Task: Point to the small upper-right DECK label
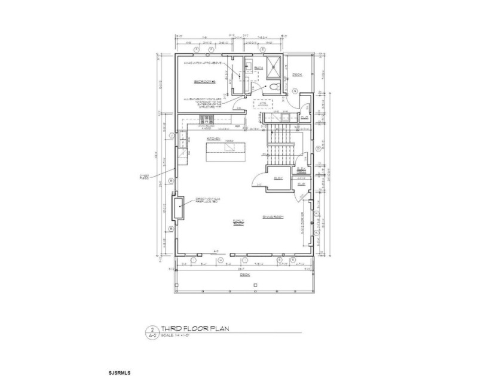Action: pyautogui.click(x=297, y=75)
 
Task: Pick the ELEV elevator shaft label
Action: pyautogui.click(x=278, y=178)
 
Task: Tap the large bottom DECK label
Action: pyautogui.click(x=244, y=275)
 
